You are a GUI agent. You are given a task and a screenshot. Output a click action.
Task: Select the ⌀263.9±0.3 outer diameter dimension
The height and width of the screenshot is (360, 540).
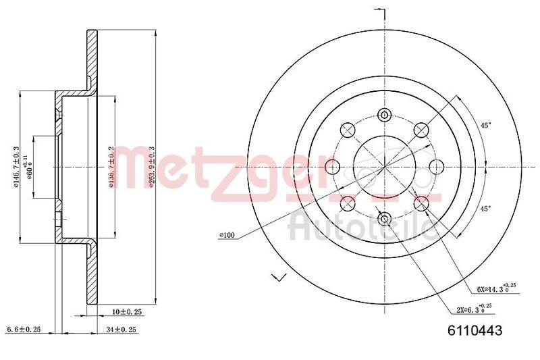(x=152, y=166)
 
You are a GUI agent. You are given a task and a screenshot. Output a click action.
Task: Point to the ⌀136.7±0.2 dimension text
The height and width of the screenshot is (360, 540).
(x=111, y=166)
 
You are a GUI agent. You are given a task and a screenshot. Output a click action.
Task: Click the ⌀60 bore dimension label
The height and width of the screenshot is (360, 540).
(x=28, y=166)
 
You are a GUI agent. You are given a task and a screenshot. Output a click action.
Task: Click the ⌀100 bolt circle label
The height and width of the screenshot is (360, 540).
(x=227, y=235)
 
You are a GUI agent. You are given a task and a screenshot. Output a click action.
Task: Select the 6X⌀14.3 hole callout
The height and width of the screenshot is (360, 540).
(x=497, y=288)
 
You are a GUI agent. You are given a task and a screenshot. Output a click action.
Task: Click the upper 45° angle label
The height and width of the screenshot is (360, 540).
(x=485, y=124)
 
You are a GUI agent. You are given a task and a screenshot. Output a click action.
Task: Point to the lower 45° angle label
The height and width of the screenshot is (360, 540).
(x=485, y=209)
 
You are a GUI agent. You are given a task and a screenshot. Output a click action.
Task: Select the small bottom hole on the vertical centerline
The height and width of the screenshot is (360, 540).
(x=385, y=218)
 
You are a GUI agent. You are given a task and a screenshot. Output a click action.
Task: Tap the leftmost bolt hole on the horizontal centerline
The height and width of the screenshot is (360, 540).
(x=332, y=165)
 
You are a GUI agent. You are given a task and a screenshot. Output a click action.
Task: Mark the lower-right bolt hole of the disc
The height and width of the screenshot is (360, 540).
(x=421, y=202)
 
